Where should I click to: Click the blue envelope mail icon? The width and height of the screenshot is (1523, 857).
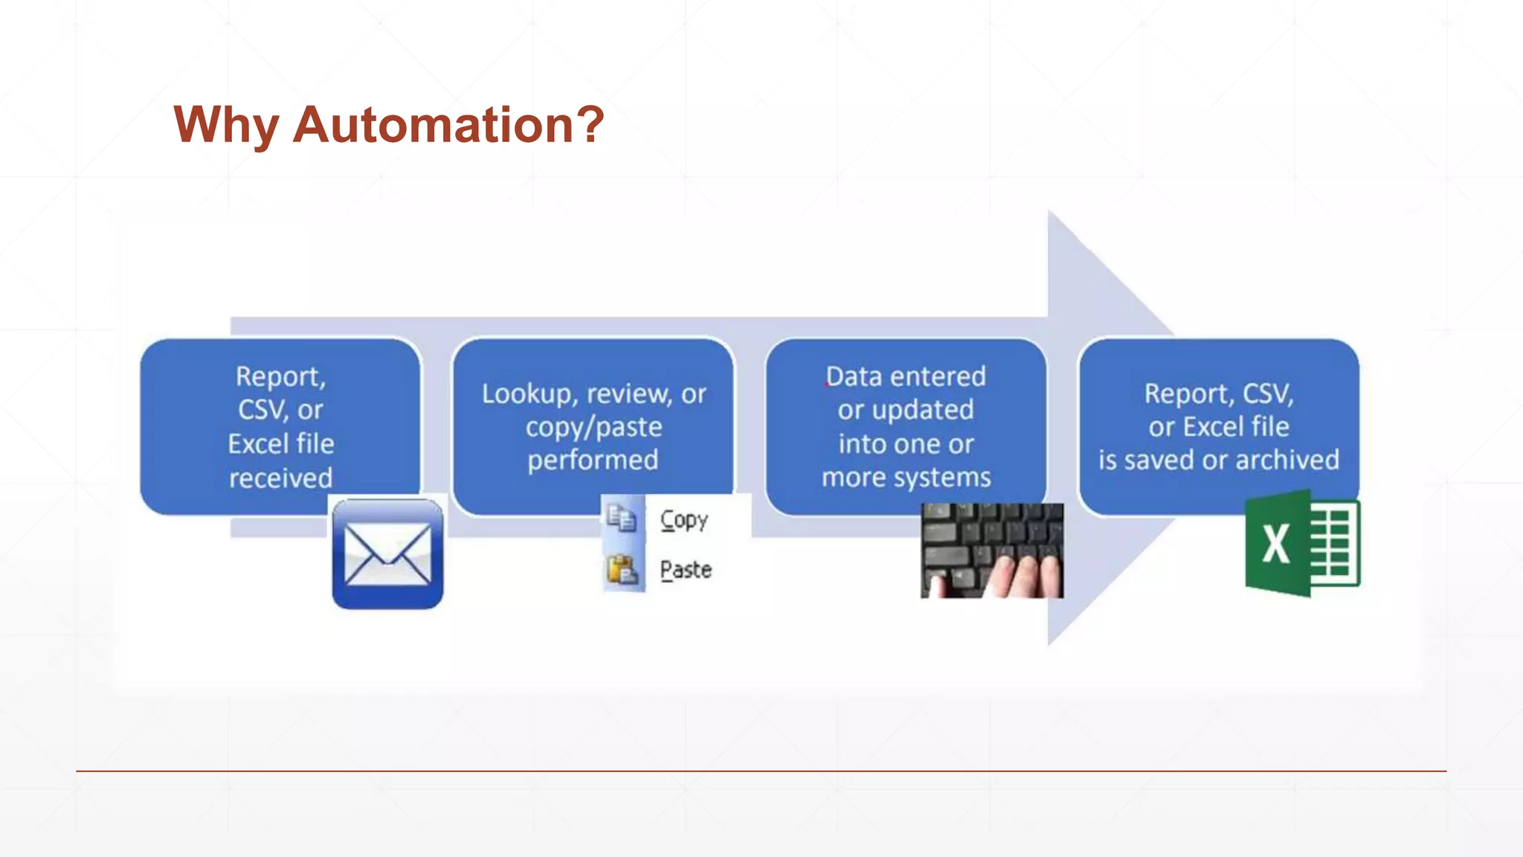387,553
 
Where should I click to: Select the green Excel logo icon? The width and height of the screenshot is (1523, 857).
1302,544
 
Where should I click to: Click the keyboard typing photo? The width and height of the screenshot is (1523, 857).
991,551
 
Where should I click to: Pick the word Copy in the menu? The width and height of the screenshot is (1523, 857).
684,520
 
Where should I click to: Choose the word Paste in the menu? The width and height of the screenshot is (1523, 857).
686,570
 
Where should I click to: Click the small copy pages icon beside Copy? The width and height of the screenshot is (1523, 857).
622,518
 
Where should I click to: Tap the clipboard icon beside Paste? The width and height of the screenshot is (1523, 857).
622,570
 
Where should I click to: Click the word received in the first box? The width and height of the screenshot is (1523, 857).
280,478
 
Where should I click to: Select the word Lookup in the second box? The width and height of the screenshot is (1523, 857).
524,394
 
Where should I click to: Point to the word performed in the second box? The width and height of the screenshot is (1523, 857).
593,460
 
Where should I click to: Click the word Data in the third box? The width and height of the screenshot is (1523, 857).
853,376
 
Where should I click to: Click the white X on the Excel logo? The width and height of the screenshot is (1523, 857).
1276,545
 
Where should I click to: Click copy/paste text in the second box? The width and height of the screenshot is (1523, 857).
593,427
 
